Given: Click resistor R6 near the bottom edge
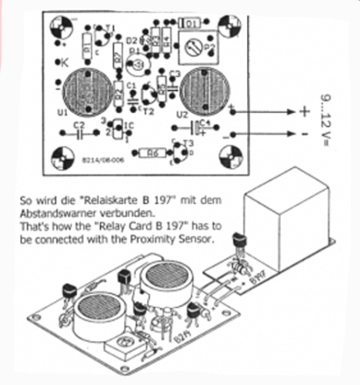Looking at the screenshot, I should [152, 153].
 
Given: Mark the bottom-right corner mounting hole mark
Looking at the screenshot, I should [230, 160].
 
